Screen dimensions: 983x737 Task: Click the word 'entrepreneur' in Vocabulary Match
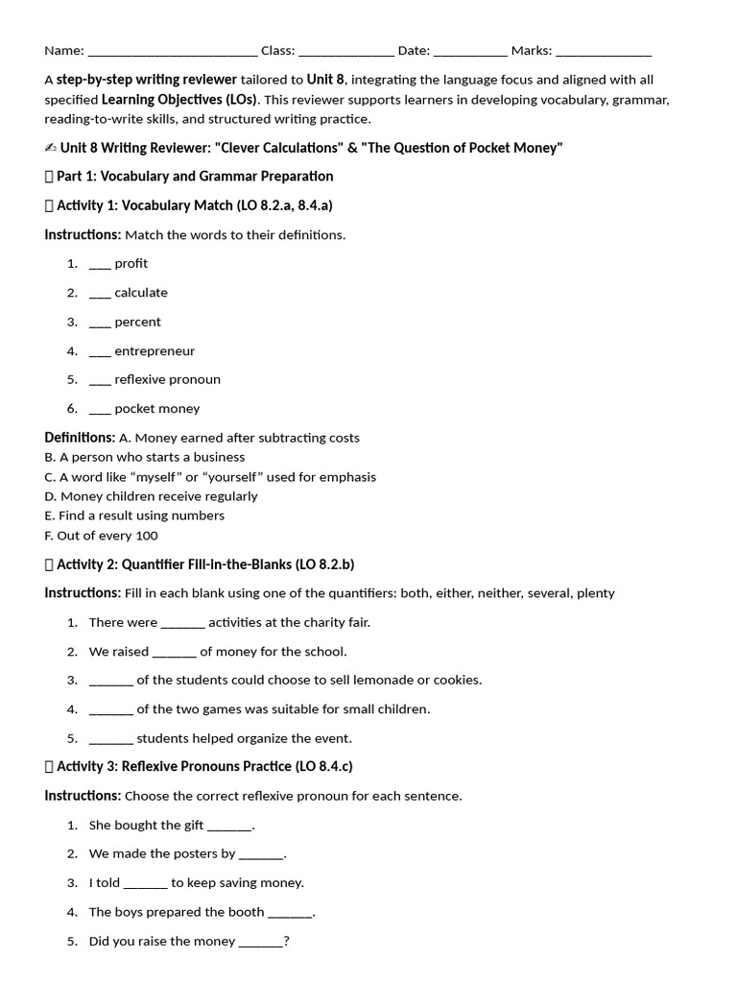click(x=155, y=351)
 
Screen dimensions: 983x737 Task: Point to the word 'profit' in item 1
click(x=131, y=264)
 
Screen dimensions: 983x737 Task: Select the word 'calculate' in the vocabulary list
click(x=141, y=293)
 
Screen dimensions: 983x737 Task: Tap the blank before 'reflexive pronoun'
click(x=100, y=381)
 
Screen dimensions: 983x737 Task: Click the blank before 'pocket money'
click(x=100, y=410)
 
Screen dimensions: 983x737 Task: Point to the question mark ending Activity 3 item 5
click(x=287, y=942)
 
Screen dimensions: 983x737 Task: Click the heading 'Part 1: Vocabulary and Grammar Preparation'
click(x=195, y=177)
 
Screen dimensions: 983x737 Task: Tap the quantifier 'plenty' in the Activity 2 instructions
click(x=595, y=593)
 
